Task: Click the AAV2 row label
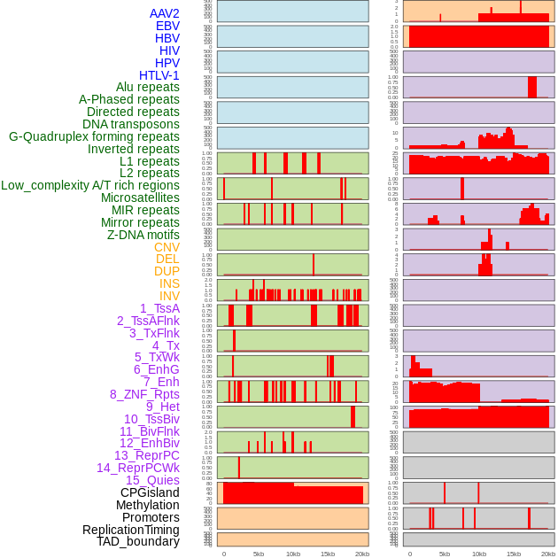pyautogui.click(x=165, y=13)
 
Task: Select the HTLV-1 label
pyautogui.click(x=159, y=75)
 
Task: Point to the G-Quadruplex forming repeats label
pyautogui.click(x=94, y=136)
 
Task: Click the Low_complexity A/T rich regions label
pyautogui.click(x=90, y=185)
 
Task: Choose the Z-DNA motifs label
pyautogui.click(x=143, y=235)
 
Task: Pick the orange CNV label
pyautogui.click(x=167, y=247)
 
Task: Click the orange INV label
pyautogui.click(x=169, y=296)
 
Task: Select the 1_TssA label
pyautogui.click(x=159, y=308)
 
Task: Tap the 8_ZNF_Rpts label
pyautogui.click(x=144, y=394)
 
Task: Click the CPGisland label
pyautogui.click(x=150, y=492)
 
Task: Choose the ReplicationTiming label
pyautogui.click(x=130, y=530)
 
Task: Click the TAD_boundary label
pyautogui.click(x=138, y=541)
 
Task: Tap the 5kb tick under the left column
pyautogui.click(x=259, y=554)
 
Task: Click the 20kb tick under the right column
pyautogui.click(x=548, y=554)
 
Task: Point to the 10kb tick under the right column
pyautogui.click(x=479, y=554)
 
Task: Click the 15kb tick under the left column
pyautogui.click(x=328, y=554)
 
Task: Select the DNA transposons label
pyautogui.click(x=131, y=124)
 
